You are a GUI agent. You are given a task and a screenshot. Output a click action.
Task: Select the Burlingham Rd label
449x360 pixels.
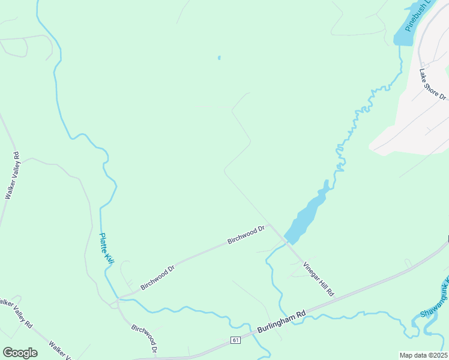[282, 322]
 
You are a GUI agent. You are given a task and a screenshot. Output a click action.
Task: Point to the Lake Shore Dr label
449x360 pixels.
[433, 85]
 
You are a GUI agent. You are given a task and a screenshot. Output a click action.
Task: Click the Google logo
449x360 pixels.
[20, 353]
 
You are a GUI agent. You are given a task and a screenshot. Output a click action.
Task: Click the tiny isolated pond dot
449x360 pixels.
[219, 58]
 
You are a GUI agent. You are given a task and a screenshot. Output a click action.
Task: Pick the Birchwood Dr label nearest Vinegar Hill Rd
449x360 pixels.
[246, 235]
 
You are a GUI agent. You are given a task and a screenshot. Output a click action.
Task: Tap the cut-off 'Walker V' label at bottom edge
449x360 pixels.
[60, 351]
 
